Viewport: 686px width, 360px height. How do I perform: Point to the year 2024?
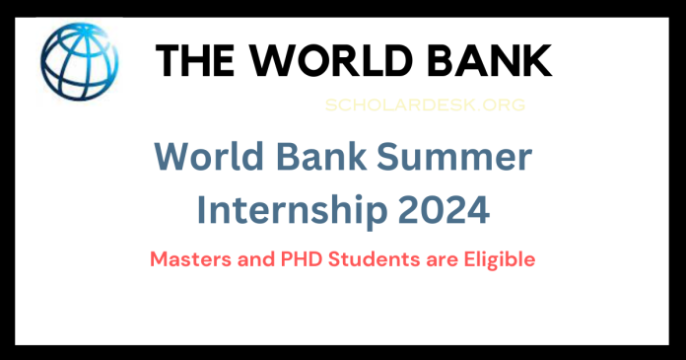pyautogui.click(x=440, y=210)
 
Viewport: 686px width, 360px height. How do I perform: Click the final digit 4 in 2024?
pyautogui.click(x=474, y=210)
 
